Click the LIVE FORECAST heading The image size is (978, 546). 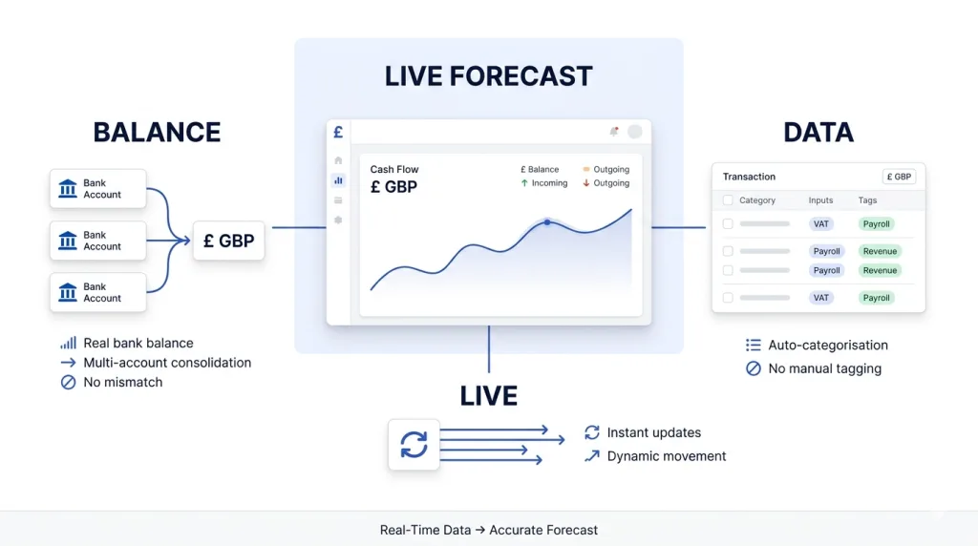[x=488, y=76]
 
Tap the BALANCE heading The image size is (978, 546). [x=157, y=132]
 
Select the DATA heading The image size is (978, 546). [x=819, y=132]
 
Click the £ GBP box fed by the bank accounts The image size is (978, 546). [x=229, y=241]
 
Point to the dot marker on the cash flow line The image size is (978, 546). [x=546, y=221]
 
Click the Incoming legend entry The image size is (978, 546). [x=543, y=183]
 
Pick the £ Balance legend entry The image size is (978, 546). [x=540, y=170]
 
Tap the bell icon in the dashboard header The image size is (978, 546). [x=613, y=132]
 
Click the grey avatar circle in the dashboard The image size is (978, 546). [x=634, y=132]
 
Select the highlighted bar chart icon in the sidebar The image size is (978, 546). [x=338, y=180]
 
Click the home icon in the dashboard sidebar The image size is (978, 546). [x=338, y=160]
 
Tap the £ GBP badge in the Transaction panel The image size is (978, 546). [x=899, y=177]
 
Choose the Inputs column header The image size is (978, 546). [x=820, y=200]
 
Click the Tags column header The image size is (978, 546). [x=867, y=200]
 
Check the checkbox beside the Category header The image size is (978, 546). [x=728, y=200]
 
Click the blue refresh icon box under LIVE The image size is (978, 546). [x=414, y=444]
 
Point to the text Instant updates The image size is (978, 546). [x=653, y=432]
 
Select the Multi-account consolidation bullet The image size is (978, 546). [x=167, y=363]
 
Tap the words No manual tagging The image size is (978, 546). [x=824, y=368]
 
